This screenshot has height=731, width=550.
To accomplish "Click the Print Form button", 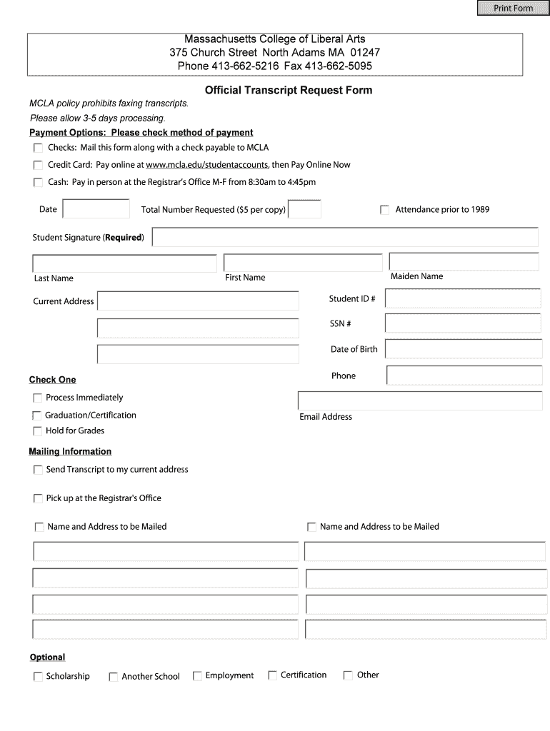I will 513,8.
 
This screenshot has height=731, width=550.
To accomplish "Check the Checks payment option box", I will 38,148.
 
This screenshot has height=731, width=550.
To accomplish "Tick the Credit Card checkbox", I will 38,165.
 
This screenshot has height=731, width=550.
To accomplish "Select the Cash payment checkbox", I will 38,183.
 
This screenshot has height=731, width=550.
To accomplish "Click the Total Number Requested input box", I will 304,209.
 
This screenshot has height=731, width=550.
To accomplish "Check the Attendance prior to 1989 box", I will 385,210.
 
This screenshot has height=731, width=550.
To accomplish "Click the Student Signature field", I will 345,237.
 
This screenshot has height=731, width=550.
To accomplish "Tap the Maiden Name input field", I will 464,262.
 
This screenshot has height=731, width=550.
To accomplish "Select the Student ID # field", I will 462,298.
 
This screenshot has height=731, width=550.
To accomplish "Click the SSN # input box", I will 462,323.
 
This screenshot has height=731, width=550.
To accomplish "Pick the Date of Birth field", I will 462,349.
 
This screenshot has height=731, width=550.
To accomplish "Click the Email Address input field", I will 419,400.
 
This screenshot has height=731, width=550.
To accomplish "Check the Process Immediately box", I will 37,398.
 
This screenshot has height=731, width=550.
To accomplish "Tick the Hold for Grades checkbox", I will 37,431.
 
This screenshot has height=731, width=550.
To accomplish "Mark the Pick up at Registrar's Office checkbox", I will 38,498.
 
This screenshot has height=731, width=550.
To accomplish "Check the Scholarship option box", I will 38,677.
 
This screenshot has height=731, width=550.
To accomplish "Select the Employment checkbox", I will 197,676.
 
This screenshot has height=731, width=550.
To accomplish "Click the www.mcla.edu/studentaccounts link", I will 207,165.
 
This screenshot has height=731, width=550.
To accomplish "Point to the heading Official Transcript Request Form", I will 289,91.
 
